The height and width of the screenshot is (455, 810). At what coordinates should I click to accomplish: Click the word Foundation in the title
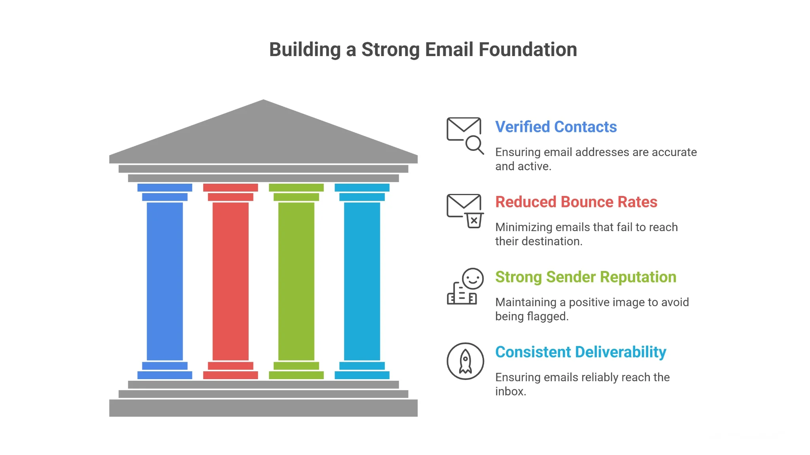528,50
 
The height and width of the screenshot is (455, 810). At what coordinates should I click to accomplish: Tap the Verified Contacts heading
556,127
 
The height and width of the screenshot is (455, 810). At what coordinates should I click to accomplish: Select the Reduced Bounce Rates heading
576,202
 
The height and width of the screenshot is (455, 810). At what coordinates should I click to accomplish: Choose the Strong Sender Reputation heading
585,277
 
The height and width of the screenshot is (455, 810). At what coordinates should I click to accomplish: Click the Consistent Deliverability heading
580,352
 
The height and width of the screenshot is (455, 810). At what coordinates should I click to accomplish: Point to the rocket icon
465,361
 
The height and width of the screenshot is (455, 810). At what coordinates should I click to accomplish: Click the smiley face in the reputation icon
473,279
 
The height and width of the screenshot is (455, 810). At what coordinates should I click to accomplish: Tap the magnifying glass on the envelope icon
474,144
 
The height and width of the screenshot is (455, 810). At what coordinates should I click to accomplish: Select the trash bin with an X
474,220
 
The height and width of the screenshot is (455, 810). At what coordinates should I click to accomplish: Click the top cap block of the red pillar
230,188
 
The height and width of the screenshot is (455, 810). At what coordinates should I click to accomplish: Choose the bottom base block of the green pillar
296,375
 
